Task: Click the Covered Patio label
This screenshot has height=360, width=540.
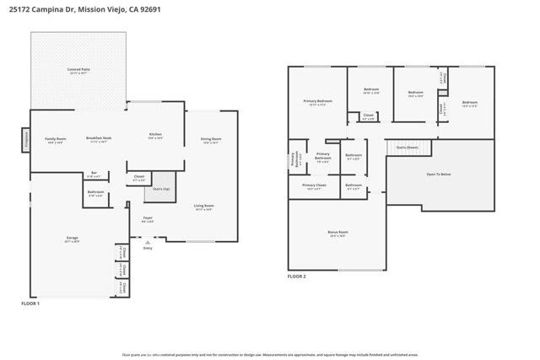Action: pos(78,70)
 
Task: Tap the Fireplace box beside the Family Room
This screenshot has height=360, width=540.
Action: pos(26,137)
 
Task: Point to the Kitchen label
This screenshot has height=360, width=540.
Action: pos(155,135)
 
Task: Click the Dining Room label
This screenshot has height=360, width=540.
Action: pos(210,139)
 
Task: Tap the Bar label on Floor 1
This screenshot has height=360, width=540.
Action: pos(94,175)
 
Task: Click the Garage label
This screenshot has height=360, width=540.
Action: pos(73,239)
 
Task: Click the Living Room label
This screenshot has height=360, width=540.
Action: pos(204,206)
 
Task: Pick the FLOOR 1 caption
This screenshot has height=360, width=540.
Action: pos(30,303)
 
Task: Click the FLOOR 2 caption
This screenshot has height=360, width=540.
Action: pos(296,276)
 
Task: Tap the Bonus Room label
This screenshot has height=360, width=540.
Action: pos(337,232)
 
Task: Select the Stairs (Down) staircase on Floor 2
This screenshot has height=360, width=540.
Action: pos(408,148)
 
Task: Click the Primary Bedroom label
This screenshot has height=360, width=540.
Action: pos(318,102)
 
